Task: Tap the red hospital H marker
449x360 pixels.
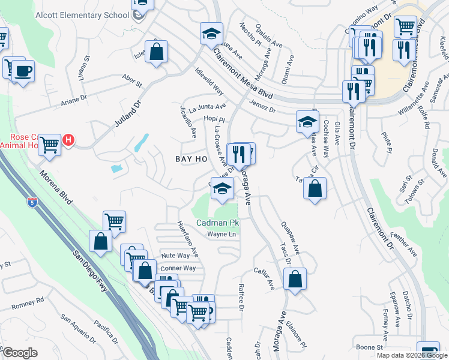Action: pos(68,140)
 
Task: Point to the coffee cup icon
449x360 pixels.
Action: pos(23,71)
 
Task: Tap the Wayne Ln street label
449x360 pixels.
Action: pos(223,234)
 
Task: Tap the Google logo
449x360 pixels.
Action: pos(20,353)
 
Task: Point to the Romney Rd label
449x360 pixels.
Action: pos(28,304)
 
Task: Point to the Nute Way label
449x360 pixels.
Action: pos(175,256)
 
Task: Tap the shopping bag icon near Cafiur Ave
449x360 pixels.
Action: pos(295,279)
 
